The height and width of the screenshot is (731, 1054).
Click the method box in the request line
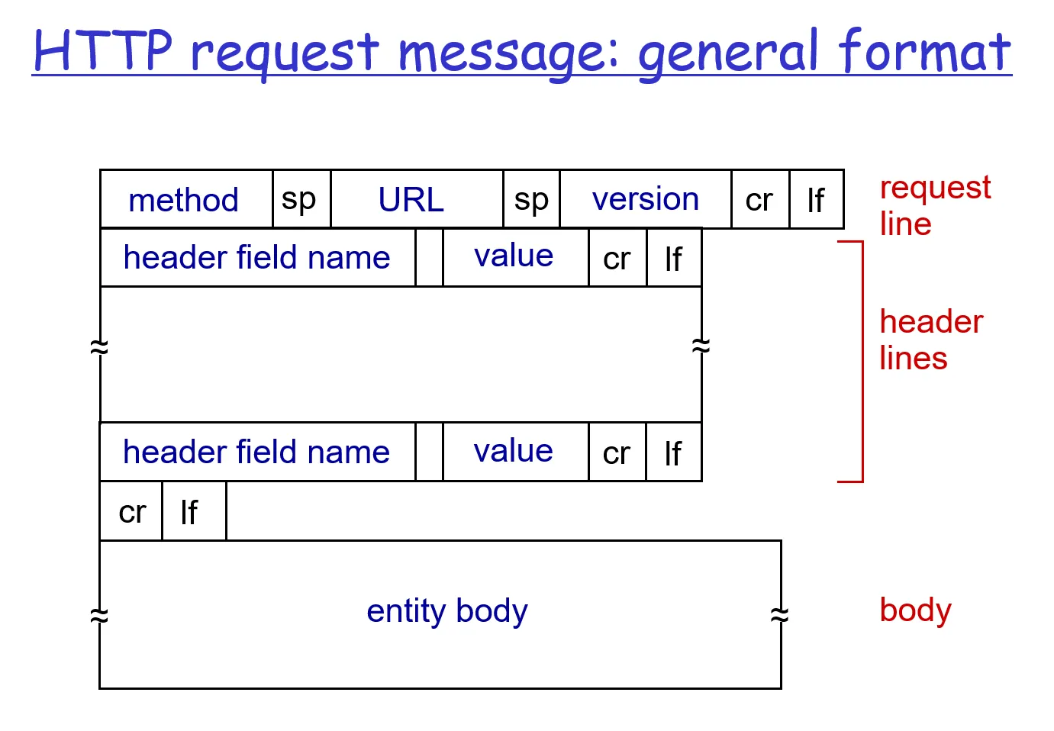(x=185, y=200)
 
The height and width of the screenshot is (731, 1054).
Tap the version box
(x=645, y=200)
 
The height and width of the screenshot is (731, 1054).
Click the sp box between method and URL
(x=301, y=200)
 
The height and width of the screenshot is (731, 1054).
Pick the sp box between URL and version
(x=531, y=200)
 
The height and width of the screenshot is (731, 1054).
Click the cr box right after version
(x=759, y=200)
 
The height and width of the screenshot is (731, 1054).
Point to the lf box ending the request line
(x=816, y=200)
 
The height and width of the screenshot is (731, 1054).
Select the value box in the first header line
(x=514, y=257)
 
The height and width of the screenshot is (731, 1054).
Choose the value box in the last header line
(x=514, y=452)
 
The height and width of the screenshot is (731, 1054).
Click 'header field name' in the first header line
(x=256, y=258)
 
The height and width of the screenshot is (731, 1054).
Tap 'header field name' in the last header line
(x=256, y=452)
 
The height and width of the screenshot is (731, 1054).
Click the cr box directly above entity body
(x=131, y=511)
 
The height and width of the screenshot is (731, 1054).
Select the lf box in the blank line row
(x=193, y=511)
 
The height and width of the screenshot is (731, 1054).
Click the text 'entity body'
(x=446, y=611)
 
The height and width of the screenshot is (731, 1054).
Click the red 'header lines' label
(x=930, y=340)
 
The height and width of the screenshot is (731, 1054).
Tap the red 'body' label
(x=915, y=610)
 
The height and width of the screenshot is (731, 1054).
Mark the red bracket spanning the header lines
(x=862, y=362)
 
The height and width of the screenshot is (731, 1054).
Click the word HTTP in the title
(x=103, y=51)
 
